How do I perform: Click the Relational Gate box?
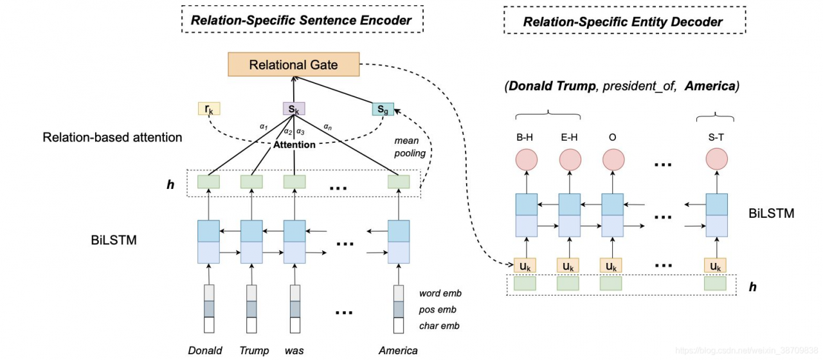[293, 65]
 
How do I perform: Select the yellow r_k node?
[209, 109]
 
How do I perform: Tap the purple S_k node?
[294, 109]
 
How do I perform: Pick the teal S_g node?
[383, 109]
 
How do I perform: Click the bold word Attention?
[294, 145]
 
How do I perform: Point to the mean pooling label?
[410, 147]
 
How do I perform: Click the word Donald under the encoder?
[205, 350]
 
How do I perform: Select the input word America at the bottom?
[398, 350]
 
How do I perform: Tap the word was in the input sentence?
[294, 350]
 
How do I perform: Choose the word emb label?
[440, 294]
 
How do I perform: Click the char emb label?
[439, 326]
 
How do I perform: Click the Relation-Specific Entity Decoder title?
[623, 22]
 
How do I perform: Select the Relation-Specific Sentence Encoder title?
[301, 20]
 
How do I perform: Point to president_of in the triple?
[638, 86]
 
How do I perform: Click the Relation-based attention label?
[113, 137]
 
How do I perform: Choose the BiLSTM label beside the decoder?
[772, 213]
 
